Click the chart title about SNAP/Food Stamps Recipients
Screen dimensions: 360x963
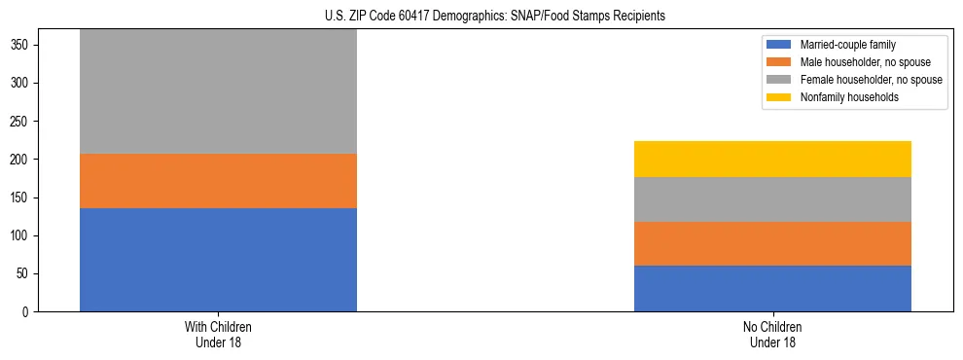click(x=495, y=17)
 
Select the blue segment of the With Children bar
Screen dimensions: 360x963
click(x=218, y=260)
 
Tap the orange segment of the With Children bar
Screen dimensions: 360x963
click(x=218, y=181)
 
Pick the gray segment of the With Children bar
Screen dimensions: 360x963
click(x=218, y=91)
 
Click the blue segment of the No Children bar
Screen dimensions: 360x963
click(x=772, y=288)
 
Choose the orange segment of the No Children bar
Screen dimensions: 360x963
click(x=772, y=243)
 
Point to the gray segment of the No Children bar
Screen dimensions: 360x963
click(x=772, y=199)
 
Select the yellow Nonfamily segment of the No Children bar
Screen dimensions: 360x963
click(x=772, y=159)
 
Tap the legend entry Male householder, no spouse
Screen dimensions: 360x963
click(x=859, y=62)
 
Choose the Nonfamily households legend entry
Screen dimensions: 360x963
click(x=848, y=97)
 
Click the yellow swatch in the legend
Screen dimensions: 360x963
click(x=780, y=97)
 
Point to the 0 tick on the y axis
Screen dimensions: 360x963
click(x=29, y=312)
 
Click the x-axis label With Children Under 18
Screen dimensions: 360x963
click(x=218, y=334)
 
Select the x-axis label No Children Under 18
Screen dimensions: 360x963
click(x=772, y=334)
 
